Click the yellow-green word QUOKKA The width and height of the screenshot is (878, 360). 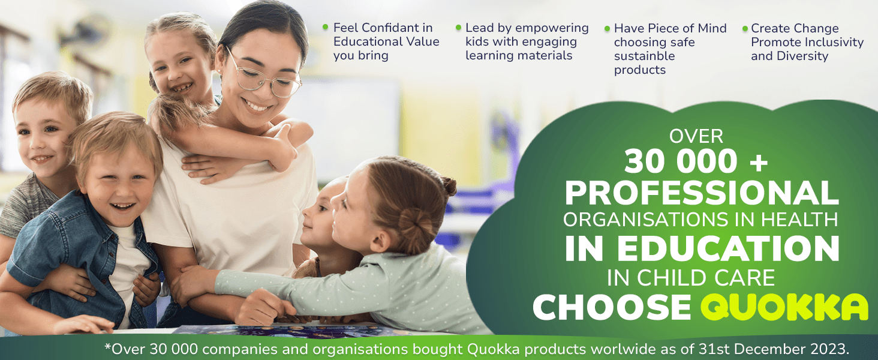784,307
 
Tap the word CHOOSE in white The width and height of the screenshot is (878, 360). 612,307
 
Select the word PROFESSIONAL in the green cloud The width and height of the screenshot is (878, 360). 702,193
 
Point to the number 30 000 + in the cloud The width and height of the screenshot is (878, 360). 696,161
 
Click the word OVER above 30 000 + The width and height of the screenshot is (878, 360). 696,136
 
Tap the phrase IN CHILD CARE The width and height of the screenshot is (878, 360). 691,278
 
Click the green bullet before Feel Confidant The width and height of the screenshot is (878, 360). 325,26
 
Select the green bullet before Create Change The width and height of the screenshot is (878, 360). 745,28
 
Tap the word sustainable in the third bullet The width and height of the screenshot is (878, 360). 644,56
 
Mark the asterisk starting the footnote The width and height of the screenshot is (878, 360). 107,346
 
